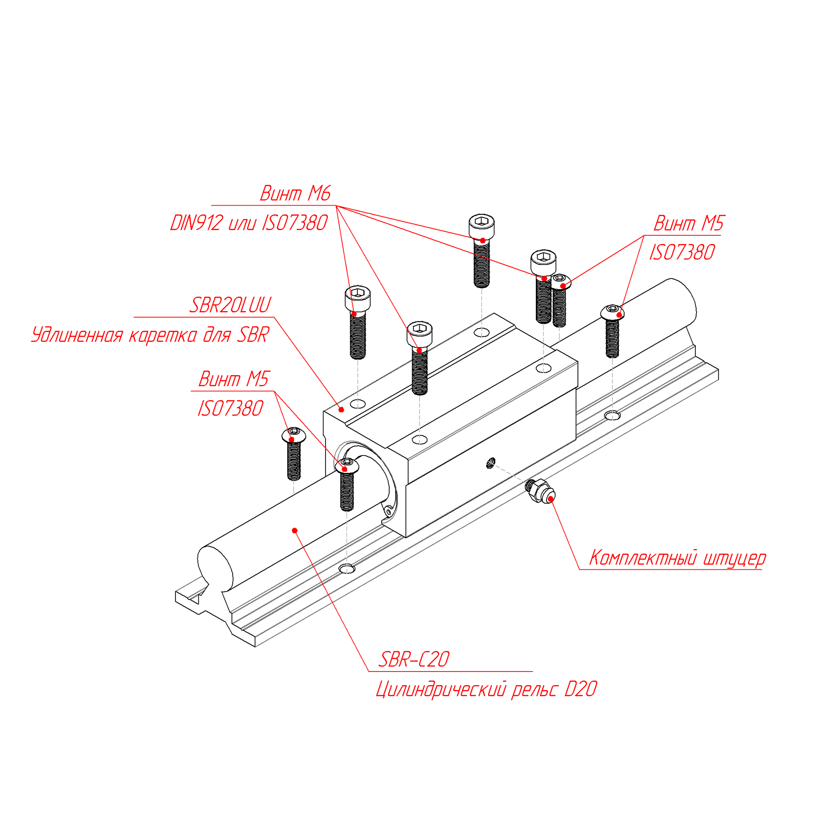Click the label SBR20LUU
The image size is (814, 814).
(230, 305)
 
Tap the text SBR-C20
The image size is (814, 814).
(414, 659)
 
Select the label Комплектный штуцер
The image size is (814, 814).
(677, 558)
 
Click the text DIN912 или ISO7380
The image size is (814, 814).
(249, 223)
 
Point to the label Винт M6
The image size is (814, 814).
(295, 193)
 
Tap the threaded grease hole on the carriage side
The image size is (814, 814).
(491, 463)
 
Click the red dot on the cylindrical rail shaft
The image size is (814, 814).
(295, 530)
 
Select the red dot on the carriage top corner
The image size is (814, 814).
(341, 410)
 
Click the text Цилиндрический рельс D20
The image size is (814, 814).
(486, 689)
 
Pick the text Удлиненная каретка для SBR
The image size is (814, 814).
(151, 335)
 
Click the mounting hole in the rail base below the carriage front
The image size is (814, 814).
(347, 569)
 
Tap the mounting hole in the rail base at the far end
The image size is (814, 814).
(612, 415)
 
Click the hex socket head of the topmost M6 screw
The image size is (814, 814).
(482, 221)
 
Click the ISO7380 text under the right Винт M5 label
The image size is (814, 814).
(682, 253)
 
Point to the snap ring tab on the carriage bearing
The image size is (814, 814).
(388, 513)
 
